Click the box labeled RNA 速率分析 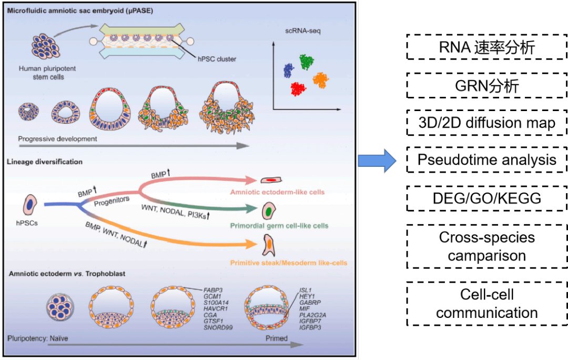(x=486, y=47)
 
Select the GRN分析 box (x=486, y=85)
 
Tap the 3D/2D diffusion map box (x=486, y=123)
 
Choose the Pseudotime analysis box (x=486, y=159)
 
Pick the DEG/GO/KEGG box (x=486, y=199)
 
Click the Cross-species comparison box (x=486, y=246)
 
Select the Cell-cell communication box (x=486, y=304)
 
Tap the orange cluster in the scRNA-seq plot (x=320, y=81)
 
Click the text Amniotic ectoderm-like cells (x=277, y=192)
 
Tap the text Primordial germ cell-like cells (x=279, y=226)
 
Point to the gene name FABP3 (x=214, y=290)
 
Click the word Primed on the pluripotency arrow (x=277, y=338)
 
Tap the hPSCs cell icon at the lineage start (x=31, y=204)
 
